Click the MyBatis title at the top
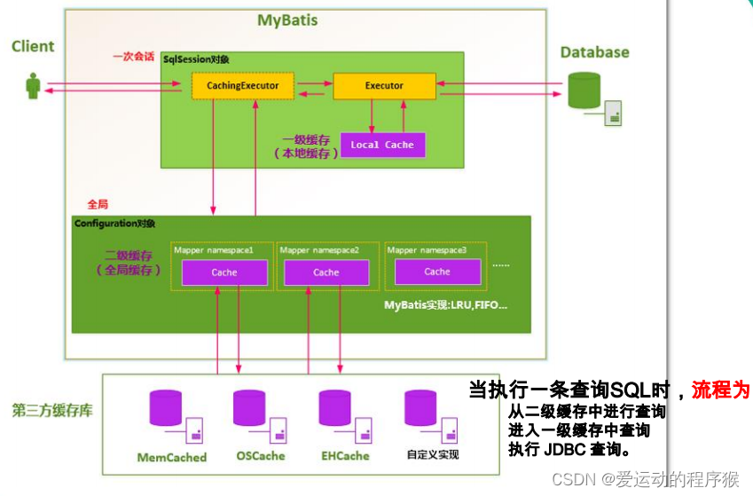(x=287, y=20)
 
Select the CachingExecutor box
(x=242, y=86)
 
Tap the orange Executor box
(x=384, y=86)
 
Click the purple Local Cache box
(x=381, y=145)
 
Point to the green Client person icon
(x=33, y=87)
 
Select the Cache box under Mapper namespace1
(x=224, y=272)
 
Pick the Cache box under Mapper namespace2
(x=326, y=272)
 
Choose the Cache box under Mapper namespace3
(x=437, y=272)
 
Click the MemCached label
(x=172, y=458)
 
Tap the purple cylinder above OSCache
(x=249, y=408)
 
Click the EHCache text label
(x=346, y=456)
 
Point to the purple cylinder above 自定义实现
(x=420, y=408)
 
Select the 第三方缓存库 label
(x=51, y=412)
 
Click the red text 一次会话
(x=135, y=56)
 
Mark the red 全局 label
(x=98, y=204)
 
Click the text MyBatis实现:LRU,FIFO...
(x=445, y=305)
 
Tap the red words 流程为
(x=720, y=390)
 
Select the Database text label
(x=594, y=52)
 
